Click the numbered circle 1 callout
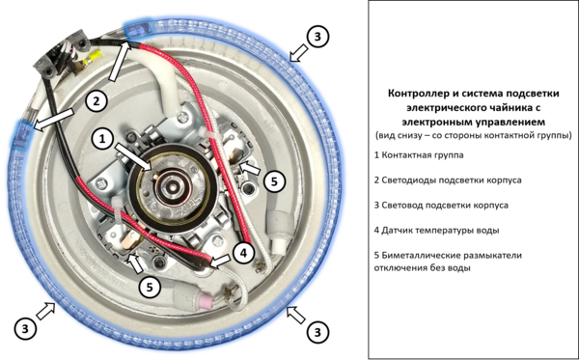pyautogui.click(x=102, y=139)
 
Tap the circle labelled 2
pyautogui.click(x=96, y=100)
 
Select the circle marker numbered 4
pyautogui.click(x=243, y=253)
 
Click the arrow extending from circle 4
pyautogui.click(x=221, y=261)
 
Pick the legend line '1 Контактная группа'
pyautogui.click(x=419, y=155)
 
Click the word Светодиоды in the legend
pyautogui.click(x=406, y=180)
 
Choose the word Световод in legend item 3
pyautogui.click(x=401, y=206)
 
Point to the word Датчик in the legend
pyautogui.click(x=397, y=231)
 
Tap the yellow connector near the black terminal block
pyautogui.click(x=94, y=57)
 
